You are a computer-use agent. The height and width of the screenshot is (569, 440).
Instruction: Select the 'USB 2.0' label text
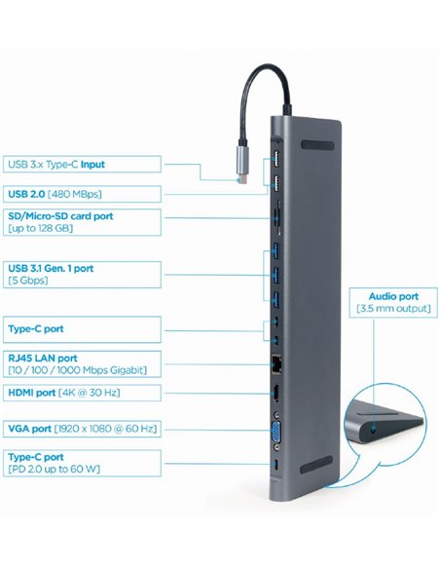[24, 192]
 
